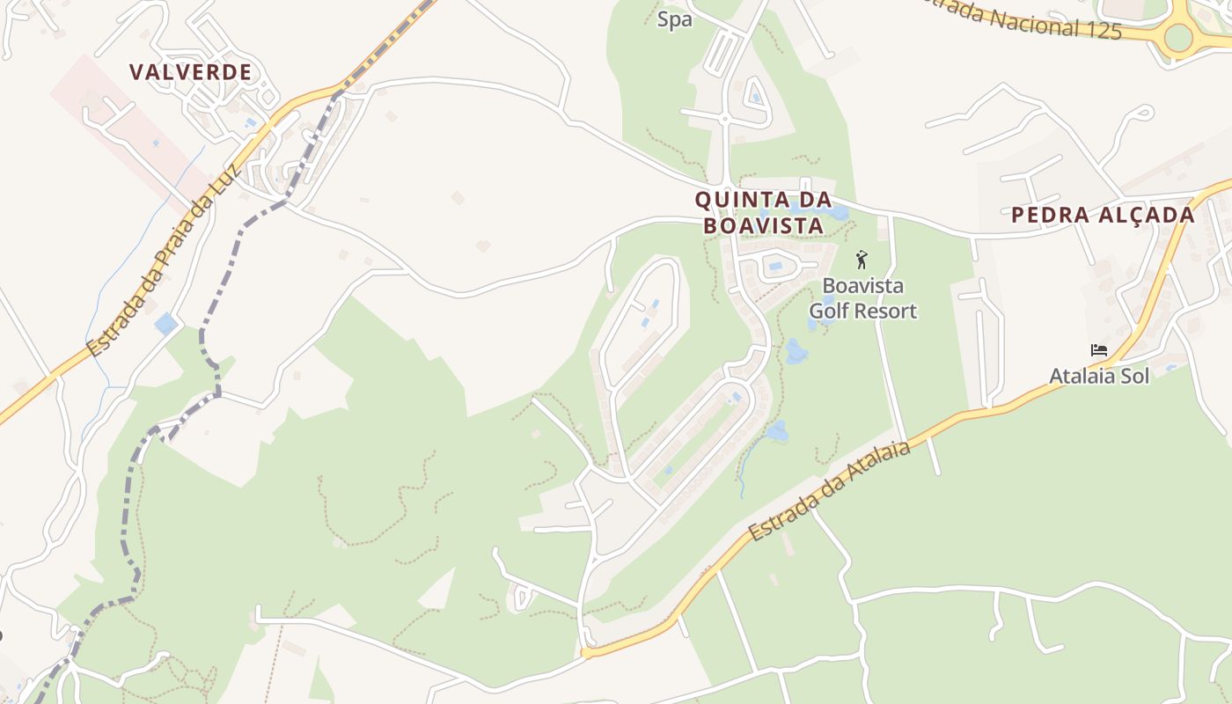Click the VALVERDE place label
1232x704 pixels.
click(191, 72)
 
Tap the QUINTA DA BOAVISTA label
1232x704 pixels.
click(763, 213)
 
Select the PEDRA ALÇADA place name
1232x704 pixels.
click(1103, 215)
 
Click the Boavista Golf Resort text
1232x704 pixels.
click(862, 298)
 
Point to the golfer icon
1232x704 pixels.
click(862, 260)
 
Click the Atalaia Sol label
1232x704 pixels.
click(1099, 376)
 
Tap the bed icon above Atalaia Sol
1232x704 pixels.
click(1098, 350)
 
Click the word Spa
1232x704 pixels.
click(675, 19)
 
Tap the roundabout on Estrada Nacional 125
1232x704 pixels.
click(1178, 37)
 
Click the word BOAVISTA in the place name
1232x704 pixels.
click(764, 226)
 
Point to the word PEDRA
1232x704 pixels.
click(1045, 215)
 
